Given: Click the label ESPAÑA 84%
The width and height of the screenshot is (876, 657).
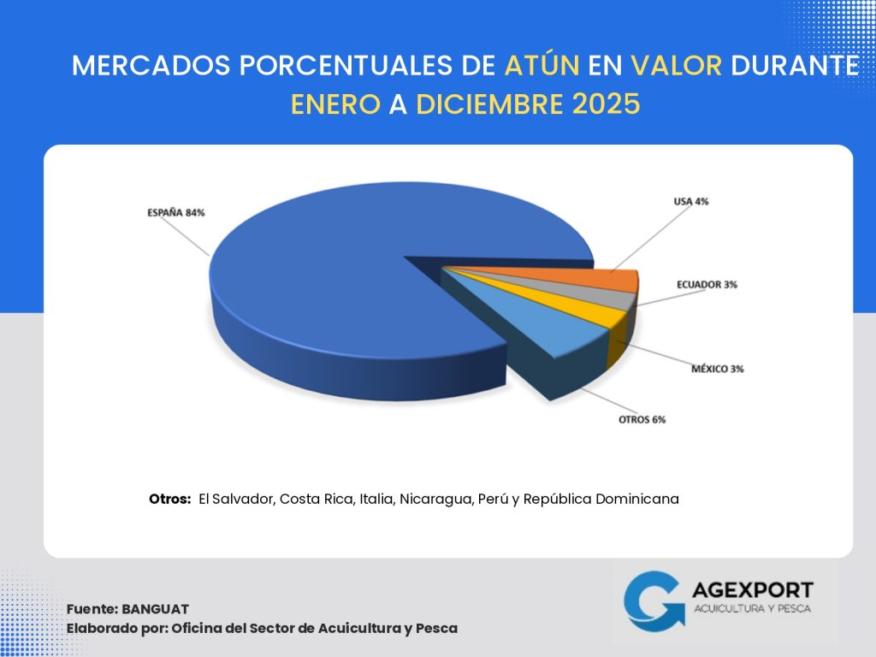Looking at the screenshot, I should point(175,213).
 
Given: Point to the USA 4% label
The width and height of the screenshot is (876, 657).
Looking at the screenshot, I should point(690,202).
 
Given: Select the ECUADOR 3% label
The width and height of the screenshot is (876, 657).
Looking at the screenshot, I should point(707,284).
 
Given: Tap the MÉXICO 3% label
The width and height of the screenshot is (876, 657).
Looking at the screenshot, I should point(718,369).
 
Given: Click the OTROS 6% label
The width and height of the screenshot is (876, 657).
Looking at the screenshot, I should point(642,420).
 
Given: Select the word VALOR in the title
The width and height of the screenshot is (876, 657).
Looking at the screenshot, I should point(677,67).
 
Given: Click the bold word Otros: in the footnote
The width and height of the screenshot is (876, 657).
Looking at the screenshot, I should point(169,499).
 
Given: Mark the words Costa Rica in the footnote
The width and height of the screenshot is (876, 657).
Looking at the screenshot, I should point(316,499).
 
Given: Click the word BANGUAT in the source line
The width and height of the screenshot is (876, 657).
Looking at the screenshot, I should point(155,609).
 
